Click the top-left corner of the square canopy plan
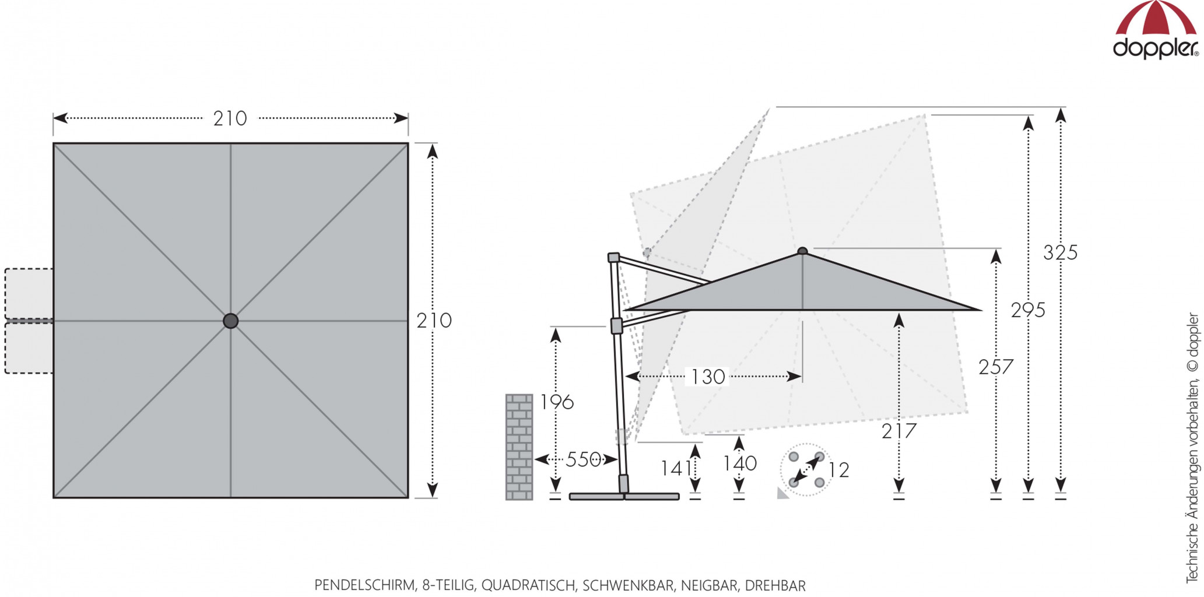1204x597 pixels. coord(54,143)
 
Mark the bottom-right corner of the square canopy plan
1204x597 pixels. coord(408,497)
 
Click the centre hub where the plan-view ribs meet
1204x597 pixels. coord(231,321)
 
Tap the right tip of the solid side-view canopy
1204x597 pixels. coord(981,310)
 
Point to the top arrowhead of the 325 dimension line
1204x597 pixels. coord(1061,115)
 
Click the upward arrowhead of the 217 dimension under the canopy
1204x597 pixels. coord(899,320)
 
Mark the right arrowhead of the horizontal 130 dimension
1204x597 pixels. coord(794,377)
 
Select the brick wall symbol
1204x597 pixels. coord(519,447)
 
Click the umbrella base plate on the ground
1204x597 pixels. coord(624,497)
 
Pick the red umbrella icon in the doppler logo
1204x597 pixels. coord(1156,19)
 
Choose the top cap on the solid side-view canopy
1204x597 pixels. coord(803,251)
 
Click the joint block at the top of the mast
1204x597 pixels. coord(613,258)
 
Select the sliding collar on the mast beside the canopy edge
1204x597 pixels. coord(616,326)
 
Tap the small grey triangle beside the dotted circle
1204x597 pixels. coord(782,493)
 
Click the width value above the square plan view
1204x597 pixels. coord(230,119)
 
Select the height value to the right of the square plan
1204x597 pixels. coord(434,321)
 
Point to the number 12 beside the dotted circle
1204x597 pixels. coord(838,470)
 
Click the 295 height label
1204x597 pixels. coord(1028,310)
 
